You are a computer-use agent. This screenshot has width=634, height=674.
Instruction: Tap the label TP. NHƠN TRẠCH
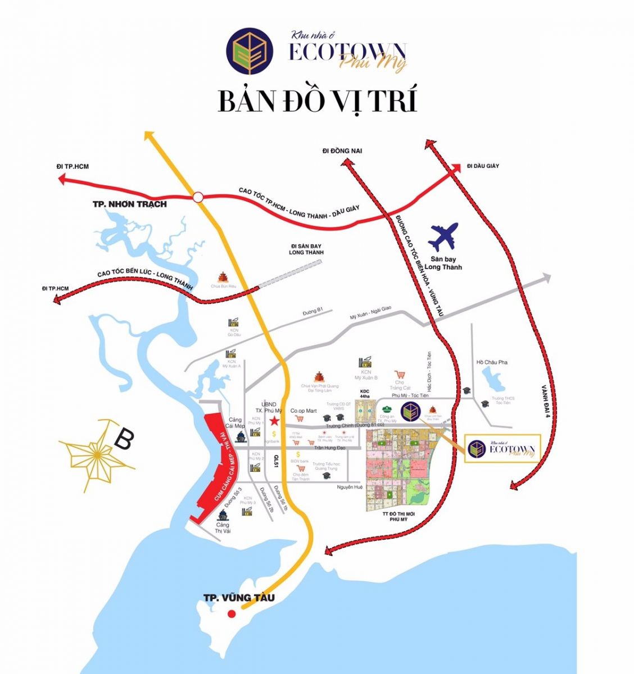pos(129,204)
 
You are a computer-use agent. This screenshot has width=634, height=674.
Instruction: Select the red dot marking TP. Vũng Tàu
pos(231,614)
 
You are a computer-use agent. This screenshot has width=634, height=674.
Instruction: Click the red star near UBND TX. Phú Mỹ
pos(274,421)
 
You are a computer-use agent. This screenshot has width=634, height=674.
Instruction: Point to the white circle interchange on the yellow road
pos(197,197)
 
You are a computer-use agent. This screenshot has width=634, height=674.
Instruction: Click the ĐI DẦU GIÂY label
pos(483,166)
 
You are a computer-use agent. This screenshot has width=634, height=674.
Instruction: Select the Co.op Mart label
pos(304,411)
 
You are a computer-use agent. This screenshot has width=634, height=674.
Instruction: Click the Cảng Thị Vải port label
pos(223,527)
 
